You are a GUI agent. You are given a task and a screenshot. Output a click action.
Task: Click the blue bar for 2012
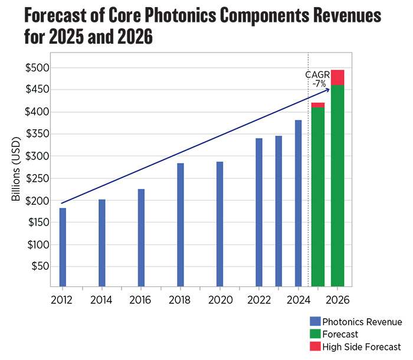63,247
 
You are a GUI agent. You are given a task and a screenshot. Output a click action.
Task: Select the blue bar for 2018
181,225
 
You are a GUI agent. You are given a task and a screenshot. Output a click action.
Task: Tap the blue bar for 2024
298,203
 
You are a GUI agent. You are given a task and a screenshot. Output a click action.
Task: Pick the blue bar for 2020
219,224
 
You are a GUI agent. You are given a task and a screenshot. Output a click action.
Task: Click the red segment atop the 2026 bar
337,78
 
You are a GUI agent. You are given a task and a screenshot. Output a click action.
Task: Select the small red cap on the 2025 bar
318,105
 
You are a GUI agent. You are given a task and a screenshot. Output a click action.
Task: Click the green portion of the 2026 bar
337,186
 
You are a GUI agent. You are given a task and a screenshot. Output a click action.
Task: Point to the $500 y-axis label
37,68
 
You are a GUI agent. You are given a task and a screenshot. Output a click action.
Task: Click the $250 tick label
37,179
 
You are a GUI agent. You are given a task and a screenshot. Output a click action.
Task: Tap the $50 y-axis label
40,266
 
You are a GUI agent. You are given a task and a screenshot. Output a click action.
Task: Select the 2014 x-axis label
101,300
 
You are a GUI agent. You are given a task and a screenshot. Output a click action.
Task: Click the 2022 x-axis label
259,300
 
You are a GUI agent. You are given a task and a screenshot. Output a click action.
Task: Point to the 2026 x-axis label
337,300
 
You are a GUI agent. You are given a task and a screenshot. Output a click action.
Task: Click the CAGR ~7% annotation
317,79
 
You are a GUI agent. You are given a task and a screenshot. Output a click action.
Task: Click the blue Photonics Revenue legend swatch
315,322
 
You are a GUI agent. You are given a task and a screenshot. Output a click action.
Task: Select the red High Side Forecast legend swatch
315,346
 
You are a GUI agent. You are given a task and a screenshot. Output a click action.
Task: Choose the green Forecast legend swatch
315,334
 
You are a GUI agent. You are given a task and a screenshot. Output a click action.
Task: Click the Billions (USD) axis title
16,169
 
